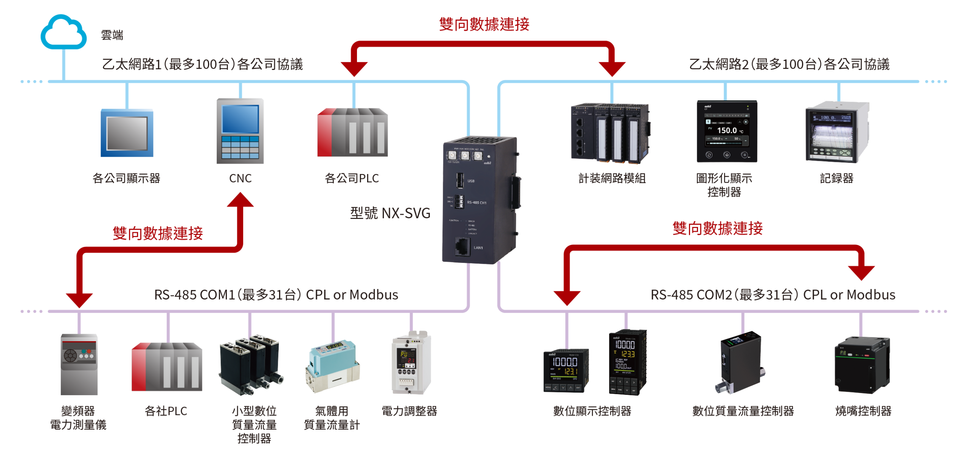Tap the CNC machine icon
[x=240, y=131]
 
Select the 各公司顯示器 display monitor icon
[x=127, y=133]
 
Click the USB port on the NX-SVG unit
[x=460, y=180]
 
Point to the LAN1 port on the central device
[x=462, y=247]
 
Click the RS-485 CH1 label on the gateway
[x=476, y=203]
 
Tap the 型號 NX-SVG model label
[x=390, y=213]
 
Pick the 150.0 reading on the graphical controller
[x=727, y=130]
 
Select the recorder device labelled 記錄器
[x=837, y=132]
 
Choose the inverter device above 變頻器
[x=79, y=364]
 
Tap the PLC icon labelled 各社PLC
[x=166, y=366]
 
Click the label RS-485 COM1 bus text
[x=276, y=295]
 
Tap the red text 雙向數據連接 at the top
[x=484, y=25]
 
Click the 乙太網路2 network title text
[x=789, y=65]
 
